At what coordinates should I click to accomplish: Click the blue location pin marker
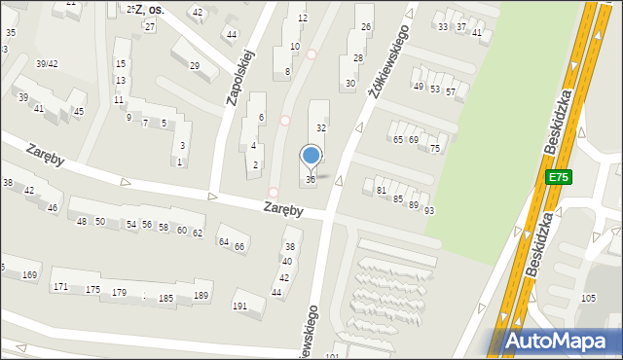311,156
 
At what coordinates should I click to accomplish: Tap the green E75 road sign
558,177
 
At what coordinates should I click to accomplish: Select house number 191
239,306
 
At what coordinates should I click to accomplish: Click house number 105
588,298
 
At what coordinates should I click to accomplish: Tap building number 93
428,211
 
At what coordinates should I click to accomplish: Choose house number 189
202,296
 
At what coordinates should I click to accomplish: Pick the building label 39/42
47,64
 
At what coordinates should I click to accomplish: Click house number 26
365,26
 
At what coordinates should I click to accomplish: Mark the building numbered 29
195,66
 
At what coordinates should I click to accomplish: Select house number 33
443,27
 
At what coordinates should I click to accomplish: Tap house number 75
435,149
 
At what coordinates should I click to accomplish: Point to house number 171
60,287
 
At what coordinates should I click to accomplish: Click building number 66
238,247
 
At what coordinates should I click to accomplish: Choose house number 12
302,18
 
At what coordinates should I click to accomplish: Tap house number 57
450,92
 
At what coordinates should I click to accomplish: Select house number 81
382,191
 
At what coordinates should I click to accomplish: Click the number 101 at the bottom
332,356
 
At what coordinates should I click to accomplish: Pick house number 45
79,112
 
